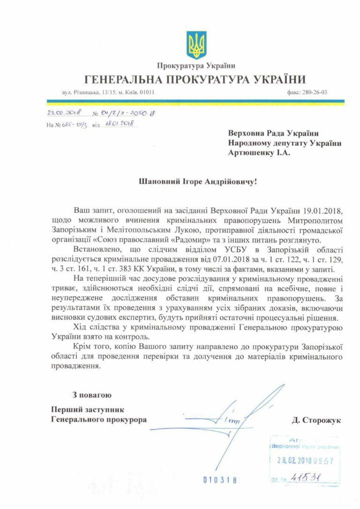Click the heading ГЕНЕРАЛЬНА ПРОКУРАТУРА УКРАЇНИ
(x=195, y=79)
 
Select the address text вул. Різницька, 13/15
(x=86, y=92)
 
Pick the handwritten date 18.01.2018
(x=119, y=124)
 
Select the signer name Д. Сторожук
(x=316, y=420)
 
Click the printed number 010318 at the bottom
(x=220, y=480)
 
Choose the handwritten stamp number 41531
(x=305, y=477)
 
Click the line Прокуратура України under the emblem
(x=196, y=66)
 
